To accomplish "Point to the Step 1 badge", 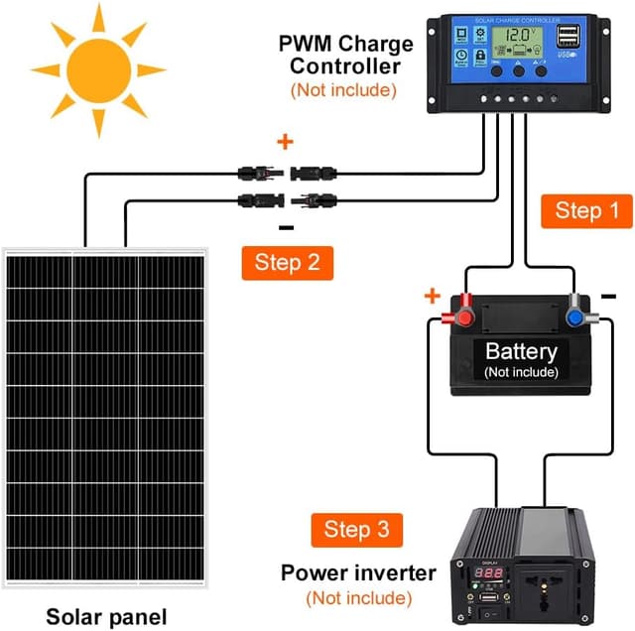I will (579, 210).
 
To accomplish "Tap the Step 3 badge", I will (357, 529).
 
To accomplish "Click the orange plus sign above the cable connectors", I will (286, 142).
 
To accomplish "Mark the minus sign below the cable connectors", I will (286, 226).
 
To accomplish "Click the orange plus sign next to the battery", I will (432, 296).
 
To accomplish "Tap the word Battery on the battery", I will (521, 351).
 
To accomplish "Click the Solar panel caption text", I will (110, 614).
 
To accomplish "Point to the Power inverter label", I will (358, 572).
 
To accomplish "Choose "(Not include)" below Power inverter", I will (358, 598).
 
